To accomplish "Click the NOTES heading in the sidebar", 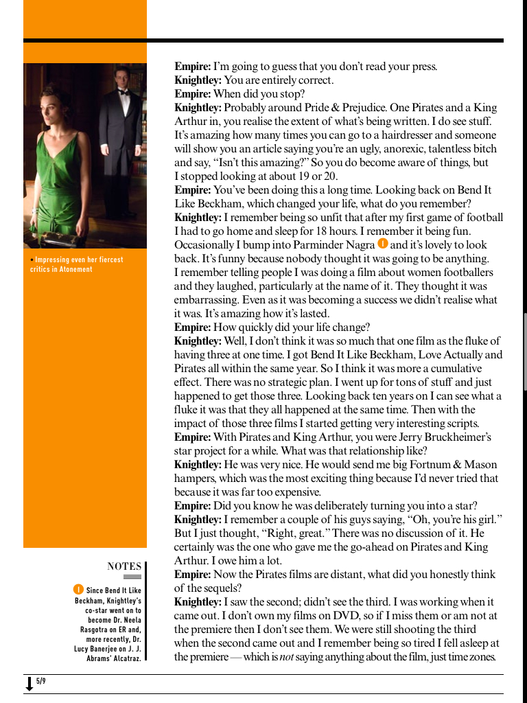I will click(124, 566).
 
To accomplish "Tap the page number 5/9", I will click(41, 681).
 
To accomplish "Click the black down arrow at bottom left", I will click(30, 684).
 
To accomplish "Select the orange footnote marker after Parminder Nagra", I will click(383, 244).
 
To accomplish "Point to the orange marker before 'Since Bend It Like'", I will click(78, 590).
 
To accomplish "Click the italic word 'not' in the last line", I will click(288, 657).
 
